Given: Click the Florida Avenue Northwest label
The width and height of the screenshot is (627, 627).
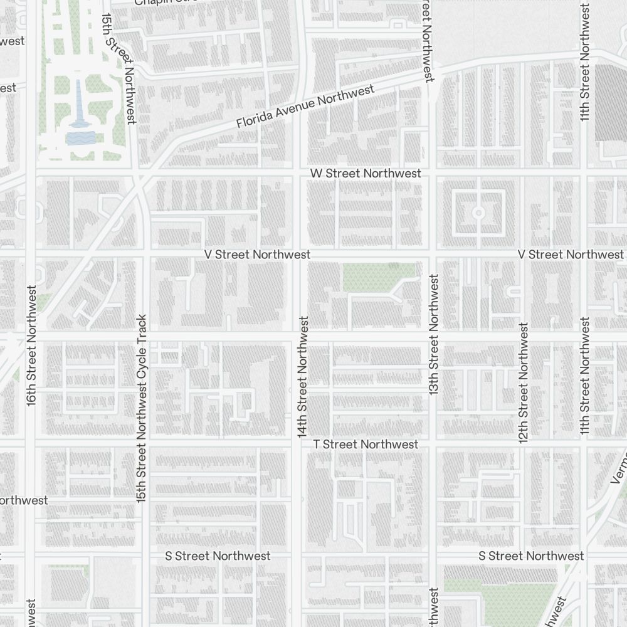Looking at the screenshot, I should pos(305,107).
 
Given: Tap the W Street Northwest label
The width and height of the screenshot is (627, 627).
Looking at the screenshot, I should pos(366,173).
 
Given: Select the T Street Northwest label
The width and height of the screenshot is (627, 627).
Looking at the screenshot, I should pos(366,444).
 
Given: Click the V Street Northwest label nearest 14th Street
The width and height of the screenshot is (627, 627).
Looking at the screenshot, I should pos(257,255).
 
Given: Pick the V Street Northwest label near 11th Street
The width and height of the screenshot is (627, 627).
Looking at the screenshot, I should pos(571,254).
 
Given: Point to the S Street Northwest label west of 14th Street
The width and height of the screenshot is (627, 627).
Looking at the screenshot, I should pos(218,556).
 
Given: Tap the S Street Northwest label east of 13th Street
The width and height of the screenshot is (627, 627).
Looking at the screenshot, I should pos(531,556).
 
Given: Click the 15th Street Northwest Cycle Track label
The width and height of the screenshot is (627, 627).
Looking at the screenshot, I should pos(142,408).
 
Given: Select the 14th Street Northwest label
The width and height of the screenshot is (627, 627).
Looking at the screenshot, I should pos(303,377).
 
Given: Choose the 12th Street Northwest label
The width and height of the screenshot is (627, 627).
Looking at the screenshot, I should pos(524,382).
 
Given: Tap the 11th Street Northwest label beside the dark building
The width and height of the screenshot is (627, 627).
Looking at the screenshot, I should pos(584,63).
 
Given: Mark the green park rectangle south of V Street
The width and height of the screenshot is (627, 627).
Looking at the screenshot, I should pos(379,277).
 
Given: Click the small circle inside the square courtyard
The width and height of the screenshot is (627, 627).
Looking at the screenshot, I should pos(478,213).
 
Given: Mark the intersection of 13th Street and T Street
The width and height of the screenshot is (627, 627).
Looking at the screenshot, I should pos(433,444).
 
